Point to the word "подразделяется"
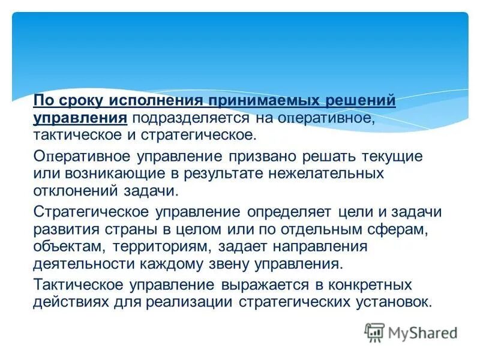coord(193,118)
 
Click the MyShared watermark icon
coord(374,332)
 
